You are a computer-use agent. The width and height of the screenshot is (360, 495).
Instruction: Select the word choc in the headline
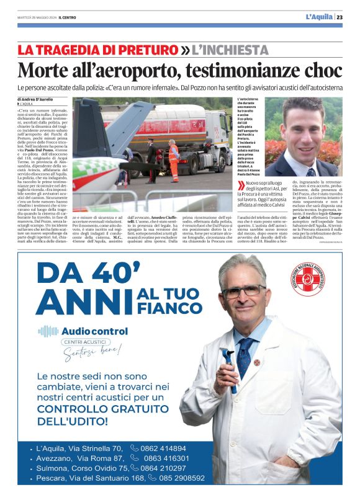point(319,67)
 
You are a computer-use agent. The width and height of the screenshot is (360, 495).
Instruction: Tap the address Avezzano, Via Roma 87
point(78,458)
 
